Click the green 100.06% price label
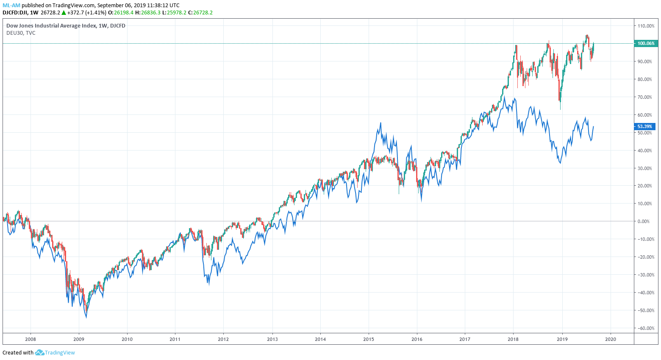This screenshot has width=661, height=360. pyautogui.click(x=646, y=43)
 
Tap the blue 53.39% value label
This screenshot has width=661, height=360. pyautogui.click(x=644, y=126)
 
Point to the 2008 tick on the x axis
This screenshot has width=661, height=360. pyautogui.click(x=31, y=339)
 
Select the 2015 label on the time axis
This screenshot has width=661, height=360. pyautogui.click(x=369, y=339)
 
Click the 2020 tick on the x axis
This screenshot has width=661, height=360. pyautogui.click(x=610, y=339)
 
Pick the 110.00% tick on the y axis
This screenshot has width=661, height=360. pyautogui.click(x=646, y=26)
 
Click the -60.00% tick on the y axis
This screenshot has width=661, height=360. pyautogui.click(x=646, y=328)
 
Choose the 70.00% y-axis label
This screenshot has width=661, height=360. pyautogui.click(x=646, y=97)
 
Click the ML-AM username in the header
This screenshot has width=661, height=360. pyautogui.click(x=11, y=6)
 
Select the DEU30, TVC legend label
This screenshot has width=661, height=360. pyautogui.click(x=21, y=33)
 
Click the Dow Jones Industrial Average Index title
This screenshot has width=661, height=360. pyautogui.click(x=66, y=25)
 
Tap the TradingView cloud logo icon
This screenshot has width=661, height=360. pyautogui.click(x=39, y=352)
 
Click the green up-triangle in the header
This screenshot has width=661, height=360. pyautogui.click(x=64, y=13)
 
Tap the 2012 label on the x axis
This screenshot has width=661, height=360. pyautogui.click(x=223, y=339)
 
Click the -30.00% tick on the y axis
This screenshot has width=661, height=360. pyautogui.click(x=646, y=275)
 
